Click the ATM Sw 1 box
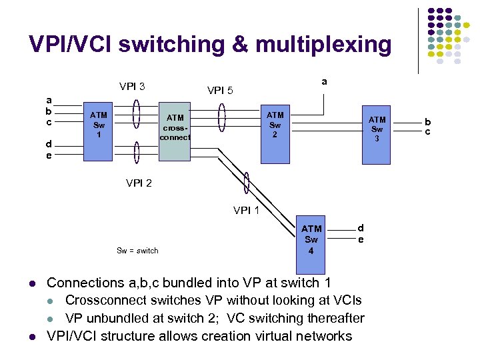(99, 131)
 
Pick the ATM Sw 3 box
(377, 134)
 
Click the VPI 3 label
(132, 86)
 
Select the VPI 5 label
(220, 90)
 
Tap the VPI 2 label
(139, 183)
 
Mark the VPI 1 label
(246, 211)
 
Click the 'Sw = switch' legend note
(137, 251)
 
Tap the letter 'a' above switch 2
(325, 81)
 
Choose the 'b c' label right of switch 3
(428, 127)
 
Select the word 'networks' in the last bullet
(323, 335)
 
